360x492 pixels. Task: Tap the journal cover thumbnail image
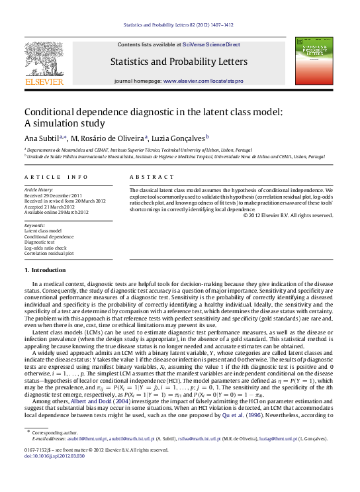pyautogui.click(x=314, y=61)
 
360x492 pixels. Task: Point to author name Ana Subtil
pyautogui.click(x=41, y=138)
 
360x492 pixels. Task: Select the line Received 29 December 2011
pyautogui.click(x=53, y=195)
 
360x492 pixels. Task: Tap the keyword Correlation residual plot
pyautogui.click(x=49, y=252)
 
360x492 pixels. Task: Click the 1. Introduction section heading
pyautogui.click(x=45, y=270)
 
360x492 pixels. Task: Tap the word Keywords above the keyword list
pyautogui.click(x=34, y=225)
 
